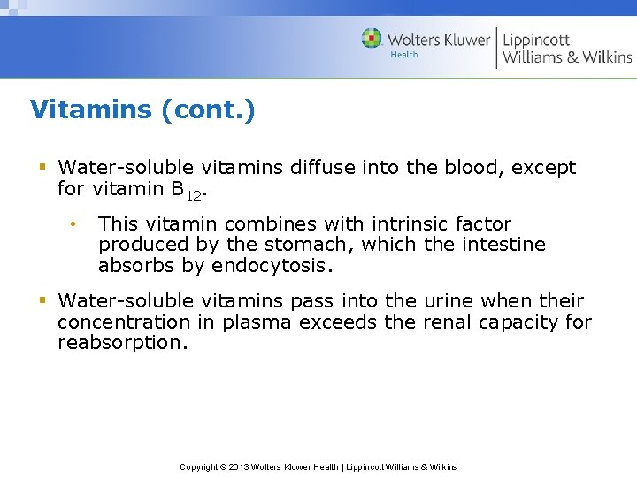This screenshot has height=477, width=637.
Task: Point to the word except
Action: click(543, 168)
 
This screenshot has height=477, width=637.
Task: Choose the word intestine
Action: click(503, 245)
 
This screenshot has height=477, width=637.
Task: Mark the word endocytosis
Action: click(278, 265)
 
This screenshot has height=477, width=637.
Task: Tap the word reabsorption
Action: click(122, 343)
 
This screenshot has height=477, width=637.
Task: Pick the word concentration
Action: click(124, 322)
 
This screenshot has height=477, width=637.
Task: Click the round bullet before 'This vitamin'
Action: click(76, 223)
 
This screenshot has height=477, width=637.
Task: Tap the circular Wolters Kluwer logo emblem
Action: click(372, 39)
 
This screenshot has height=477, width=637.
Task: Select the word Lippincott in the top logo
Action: click(536, 40)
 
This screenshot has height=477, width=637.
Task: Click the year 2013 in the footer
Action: click(239, 466)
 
